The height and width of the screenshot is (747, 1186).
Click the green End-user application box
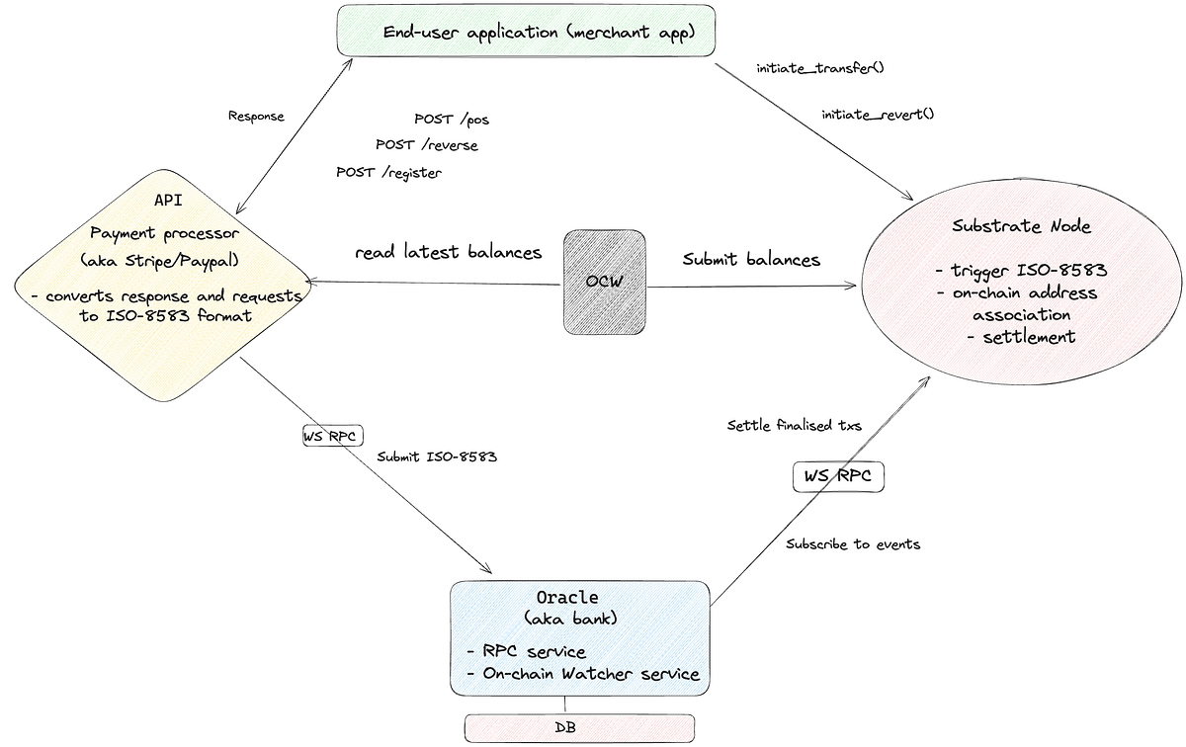(x=525, y=33)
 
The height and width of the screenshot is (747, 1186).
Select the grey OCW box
(x=605, y=281)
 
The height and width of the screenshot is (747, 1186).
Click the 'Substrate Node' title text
(x=1021, y=226)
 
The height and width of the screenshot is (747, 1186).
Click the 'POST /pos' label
(x=452, y=120)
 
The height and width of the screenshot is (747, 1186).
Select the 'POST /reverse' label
(x=426, y=145)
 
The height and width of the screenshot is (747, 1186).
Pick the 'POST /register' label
(x=388, y=172)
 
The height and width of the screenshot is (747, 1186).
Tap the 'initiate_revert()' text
(x=878, y=115)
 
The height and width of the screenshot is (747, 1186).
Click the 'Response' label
(x=256, y=117)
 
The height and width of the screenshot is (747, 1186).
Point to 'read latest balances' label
(x=448, y=253)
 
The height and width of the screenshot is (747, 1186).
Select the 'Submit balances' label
(x=751, y=260)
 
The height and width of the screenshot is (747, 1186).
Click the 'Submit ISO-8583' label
(x=437, y=456)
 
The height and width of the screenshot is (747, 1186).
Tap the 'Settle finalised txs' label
(x=795, y=426)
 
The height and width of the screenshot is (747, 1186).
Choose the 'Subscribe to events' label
(x=853, y=543)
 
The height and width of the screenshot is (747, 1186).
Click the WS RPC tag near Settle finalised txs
(x=838, y=477)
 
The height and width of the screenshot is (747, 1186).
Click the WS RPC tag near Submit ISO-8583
(x=333, y=436)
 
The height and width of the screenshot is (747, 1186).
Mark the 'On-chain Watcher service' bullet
(x=583, y=674)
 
